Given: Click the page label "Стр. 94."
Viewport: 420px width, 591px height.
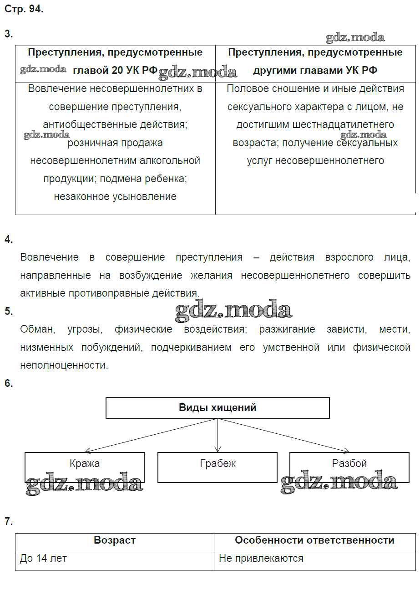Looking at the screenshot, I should pos(24,9).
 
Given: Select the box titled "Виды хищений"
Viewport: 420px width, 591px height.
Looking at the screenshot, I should pos(218,407).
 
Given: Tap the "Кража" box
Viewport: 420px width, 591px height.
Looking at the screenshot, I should pos(85,464).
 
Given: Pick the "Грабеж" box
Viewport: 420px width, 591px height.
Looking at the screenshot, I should pos(218,464).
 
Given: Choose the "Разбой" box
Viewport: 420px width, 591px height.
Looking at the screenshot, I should pos(349,464).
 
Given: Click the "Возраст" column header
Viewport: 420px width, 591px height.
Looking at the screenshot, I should pos(115,540).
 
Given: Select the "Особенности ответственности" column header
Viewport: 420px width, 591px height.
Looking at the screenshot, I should pos(314,540).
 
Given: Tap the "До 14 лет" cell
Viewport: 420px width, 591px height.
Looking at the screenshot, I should pos(43,558).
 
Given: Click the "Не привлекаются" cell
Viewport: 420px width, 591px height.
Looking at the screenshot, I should pos(261,558).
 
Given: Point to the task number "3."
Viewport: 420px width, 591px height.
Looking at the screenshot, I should pos(9,34).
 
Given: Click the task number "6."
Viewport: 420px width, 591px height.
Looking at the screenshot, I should pos(9,384).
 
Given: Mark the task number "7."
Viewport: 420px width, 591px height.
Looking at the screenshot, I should pos(9,522).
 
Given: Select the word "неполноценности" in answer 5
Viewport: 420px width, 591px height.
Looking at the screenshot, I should pos(64,365).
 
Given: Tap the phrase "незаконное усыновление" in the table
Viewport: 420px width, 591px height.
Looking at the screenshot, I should pos(115,197).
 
